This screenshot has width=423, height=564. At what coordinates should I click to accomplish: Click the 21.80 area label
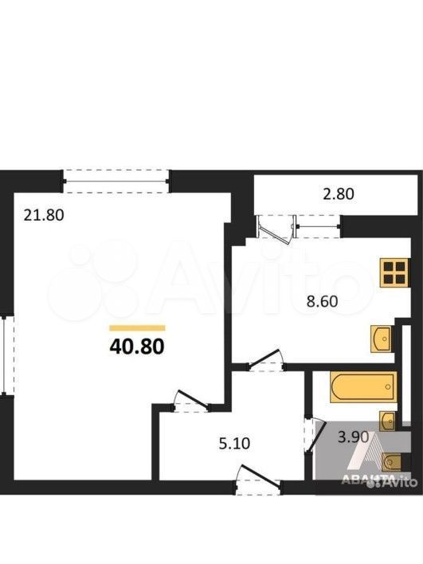coord(44,215)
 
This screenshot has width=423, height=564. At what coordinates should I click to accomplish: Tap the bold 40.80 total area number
coord(137,347)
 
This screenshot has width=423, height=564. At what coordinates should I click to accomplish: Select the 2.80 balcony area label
coord(338,194)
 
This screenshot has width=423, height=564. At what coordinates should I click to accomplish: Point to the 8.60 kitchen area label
coord(323,300)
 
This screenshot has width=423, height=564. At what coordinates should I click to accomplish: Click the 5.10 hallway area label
coord(234,443)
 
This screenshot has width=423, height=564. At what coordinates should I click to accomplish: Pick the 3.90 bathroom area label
coord(354,437)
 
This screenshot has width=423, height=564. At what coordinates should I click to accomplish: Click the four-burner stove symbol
coord(395,272)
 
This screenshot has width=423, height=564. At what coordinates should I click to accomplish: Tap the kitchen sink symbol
coord(382,339)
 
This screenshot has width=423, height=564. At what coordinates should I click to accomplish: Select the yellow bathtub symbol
coord(363,387)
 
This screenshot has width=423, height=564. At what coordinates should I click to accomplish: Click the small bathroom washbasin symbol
coord(388,421)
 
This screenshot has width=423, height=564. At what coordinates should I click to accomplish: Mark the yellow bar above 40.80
coord(137,327)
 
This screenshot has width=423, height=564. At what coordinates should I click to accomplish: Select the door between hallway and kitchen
coord(266,361)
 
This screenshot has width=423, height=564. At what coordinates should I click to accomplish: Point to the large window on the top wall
coord(116,182)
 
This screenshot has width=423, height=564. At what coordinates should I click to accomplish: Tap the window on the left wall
coord(7,355)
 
